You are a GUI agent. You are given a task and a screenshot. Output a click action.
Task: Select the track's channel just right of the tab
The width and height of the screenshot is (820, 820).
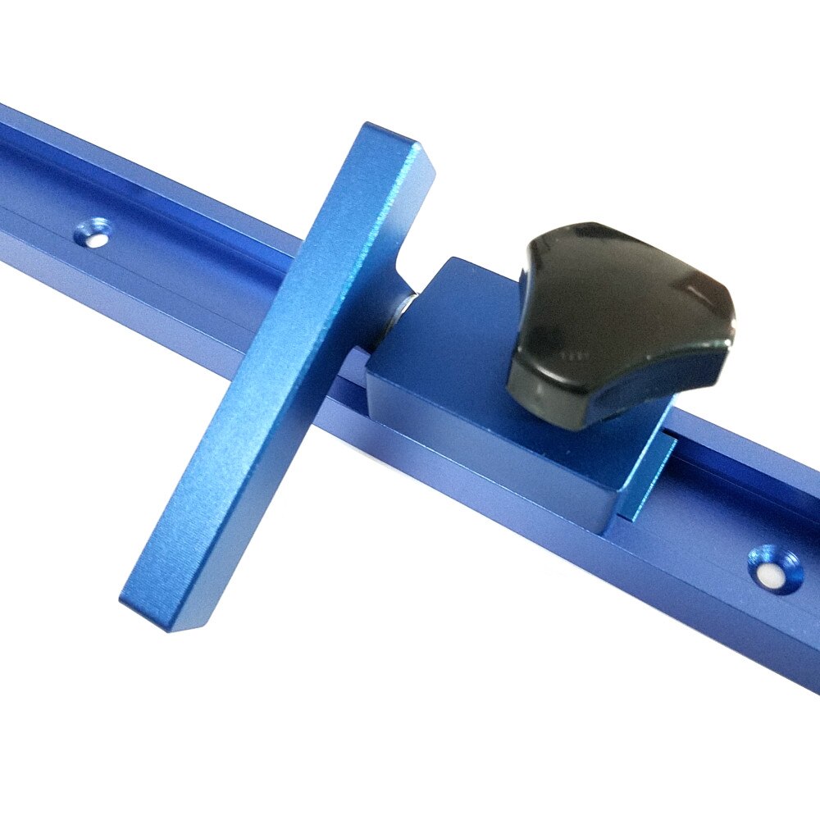[x=722, y=459]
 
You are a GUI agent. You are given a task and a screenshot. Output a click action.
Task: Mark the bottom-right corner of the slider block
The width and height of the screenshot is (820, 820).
[x=611, y=525]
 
